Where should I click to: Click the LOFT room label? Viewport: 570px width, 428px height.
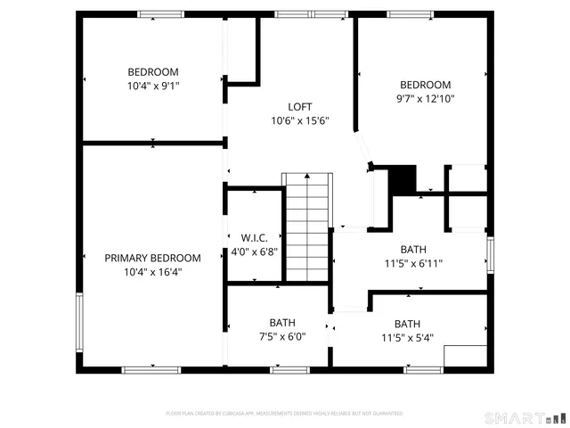pos(301,106)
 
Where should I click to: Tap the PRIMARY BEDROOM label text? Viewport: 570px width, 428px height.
pos(152,258)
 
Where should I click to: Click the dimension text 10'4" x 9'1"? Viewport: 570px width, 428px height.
pos(152,86)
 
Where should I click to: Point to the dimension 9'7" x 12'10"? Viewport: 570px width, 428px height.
pos(425,99)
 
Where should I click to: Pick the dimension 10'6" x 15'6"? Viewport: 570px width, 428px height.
pos(301,120)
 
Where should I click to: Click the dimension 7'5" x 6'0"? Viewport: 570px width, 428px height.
pos(282,336)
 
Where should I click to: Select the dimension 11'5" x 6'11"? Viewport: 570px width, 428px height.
pos(413,263)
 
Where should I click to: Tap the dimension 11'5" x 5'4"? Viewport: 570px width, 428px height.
pos(407,337)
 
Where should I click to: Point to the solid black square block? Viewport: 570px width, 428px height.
pos(404,178)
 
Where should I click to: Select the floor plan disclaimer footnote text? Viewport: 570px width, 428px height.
pos(285,414)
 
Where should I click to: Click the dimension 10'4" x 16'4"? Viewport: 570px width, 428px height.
pos(152,272)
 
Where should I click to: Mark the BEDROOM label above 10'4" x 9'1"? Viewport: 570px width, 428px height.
pos(152,72)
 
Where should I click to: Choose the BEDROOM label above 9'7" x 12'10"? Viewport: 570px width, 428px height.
pos(425,86)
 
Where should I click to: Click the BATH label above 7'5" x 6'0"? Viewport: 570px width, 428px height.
pos(282,323)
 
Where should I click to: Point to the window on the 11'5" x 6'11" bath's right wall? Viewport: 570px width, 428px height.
pos(490,252)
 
